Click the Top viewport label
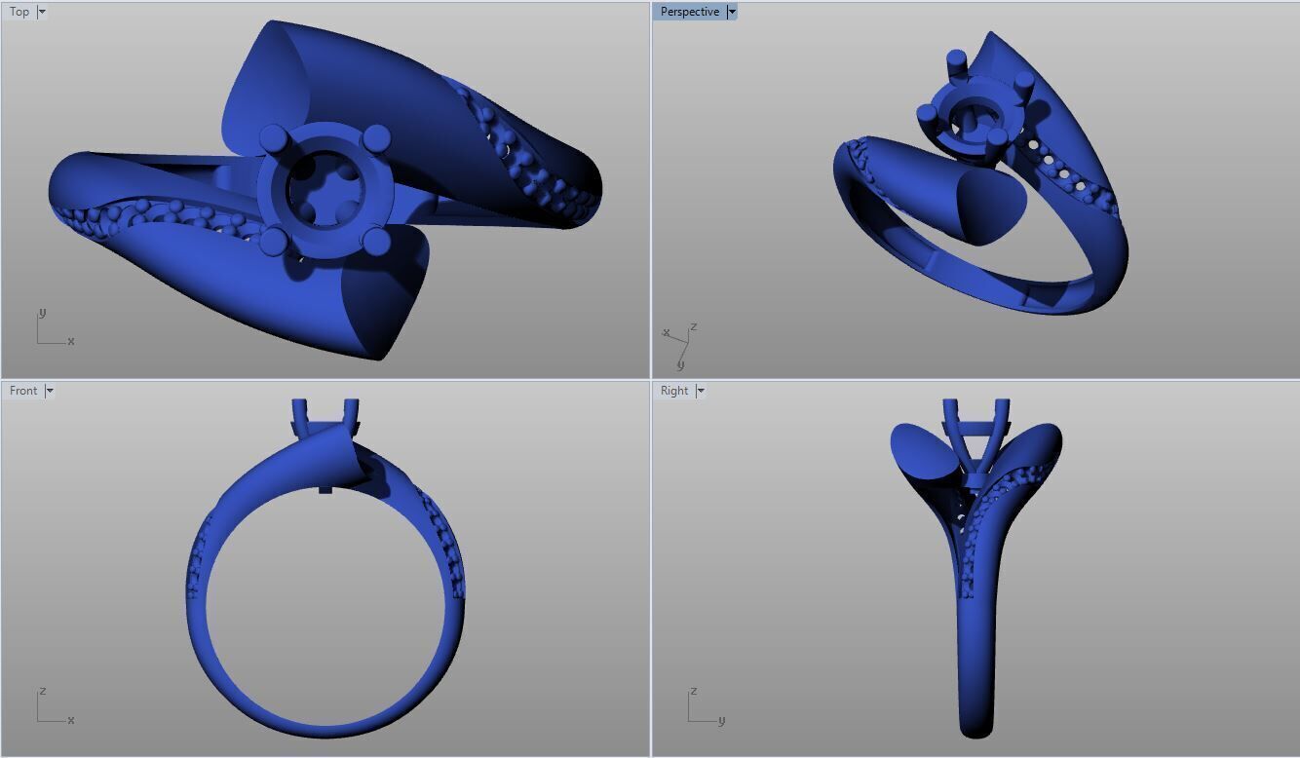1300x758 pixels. (x=19, y=12)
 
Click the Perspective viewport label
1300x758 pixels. (x=689, y=12)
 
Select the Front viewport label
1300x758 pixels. (x=23, y=391)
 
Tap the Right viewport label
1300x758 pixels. (x=674, y=391)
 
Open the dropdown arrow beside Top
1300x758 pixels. (x=42, y=12)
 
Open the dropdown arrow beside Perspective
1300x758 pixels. (x=732, y=12)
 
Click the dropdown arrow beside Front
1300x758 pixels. (x=50, y=391)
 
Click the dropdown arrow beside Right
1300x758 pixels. (x=700, y=391)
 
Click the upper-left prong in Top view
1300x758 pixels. (x=274, y=136)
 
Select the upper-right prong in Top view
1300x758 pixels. (x=377, y=137)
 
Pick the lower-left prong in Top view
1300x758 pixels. (x=273, y=239)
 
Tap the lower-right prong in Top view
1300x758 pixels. (x=376, y=239)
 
